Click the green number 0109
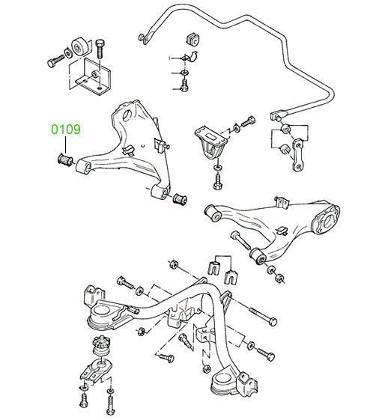tap(66, 130)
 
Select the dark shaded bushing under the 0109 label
tap(65, 159)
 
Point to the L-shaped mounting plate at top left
tap(90, 77)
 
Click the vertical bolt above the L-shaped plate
tap(100, 49)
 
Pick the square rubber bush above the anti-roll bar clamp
tap(192, 39)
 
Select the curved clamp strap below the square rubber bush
tap(192, 57)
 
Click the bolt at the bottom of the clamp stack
tap(184, 85)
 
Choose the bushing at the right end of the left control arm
tap(179, 198)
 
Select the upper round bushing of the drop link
tap(285, 128)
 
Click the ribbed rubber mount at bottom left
tap(101, 346)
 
